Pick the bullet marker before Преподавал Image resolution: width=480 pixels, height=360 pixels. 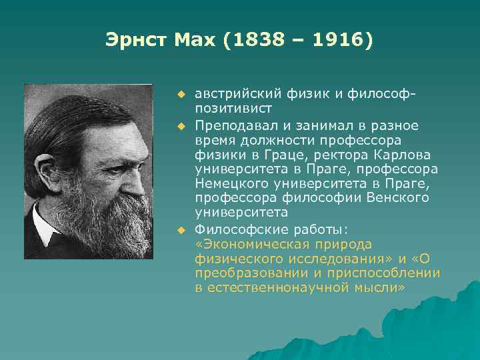click(179, 125)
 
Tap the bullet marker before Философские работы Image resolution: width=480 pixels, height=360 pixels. click(179, 230)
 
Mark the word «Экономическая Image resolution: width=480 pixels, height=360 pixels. click(261, 244)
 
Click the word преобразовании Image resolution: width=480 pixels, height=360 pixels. click(243, 273)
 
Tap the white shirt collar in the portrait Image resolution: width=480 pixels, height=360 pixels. click(46, 230)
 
